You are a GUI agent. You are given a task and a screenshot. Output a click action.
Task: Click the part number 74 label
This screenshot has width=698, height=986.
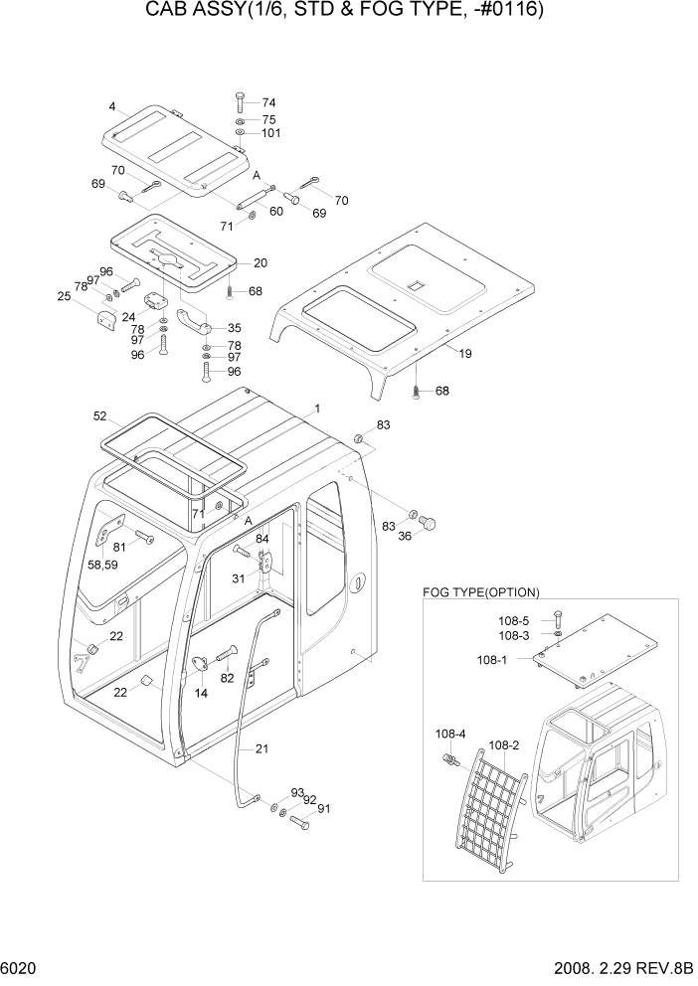click(268, 102)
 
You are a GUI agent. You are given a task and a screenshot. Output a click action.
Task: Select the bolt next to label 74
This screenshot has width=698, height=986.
click(241, 102)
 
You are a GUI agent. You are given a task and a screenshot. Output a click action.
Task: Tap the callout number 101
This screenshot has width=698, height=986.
click(272, 134)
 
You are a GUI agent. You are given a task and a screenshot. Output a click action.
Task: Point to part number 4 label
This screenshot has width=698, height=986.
click(113, 106)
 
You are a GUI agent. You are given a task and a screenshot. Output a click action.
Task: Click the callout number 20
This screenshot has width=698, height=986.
click(260, 263)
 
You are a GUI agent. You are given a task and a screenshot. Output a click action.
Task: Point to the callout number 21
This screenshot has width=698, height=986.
click(262, 749)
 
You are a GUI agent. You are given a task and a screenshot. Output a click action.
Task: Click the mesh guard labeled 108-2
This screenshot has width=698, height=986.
click(494, 807)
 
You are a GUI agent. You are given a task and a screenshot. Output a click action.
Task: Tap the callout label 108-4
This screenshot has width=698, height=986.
click(449, 734)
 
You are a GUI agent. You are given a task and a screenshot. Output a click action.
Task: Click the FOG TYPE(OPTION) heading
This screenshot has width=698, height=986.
click(481, 592)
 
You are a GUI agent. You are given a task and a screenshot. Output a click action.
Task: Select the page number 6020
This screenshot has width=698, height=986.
click(22, 966)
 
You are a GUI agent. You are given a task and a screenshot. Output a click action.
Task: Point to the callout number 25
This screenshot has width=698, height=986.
click(65, 296)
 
